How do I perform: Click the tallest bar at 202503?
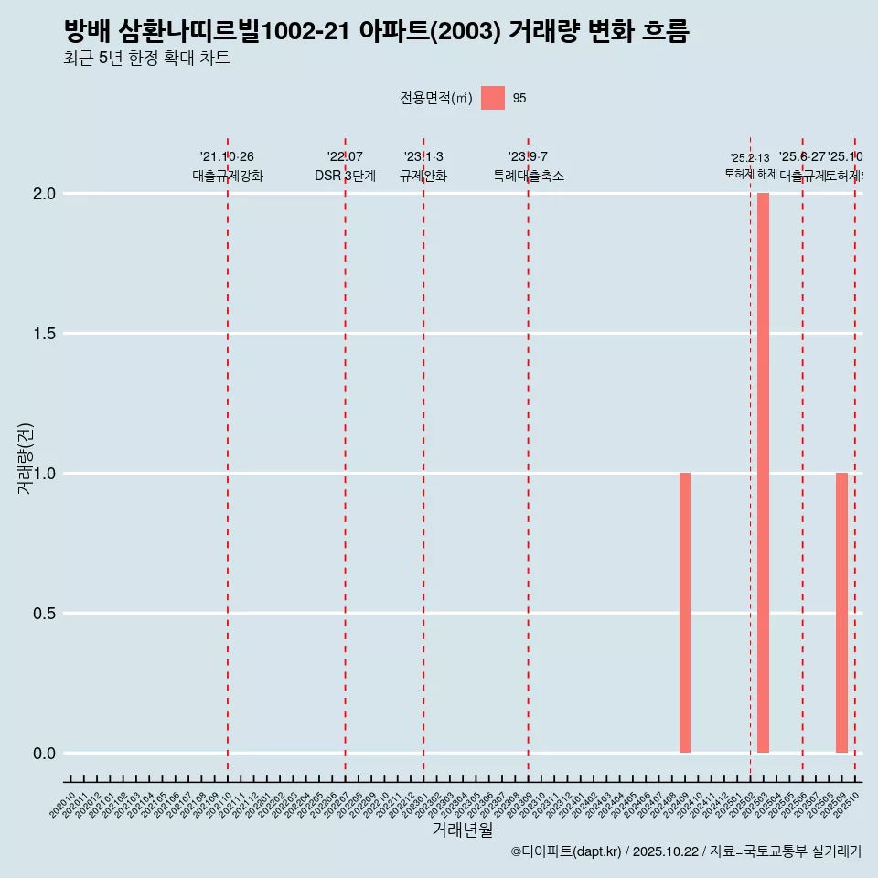click(763, 473)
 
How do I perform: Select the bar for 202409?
click(685, 613)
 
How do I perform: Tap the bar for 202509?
click(841, 613)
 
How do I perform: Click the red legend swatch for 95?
click(493, 98)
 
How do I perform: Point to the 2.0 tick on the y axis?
click(45, 194)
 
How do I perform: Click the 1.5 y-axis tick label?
click(45, 334)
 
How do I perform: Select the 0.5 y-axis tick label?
click(45, 614)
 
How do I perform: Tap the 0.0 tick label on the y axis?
click(45, 754)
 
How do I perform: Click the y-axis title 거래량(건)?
click(26, 458)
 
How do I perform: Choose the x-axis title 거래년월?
click(462, 830)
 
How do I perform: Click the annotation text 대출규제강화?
click(228, 176)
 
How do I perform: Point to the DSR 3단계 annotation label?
click(345, 176)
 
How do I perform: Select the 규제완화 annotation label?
click(423, 176)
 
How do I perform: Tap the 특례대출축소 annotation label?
click(528, 176)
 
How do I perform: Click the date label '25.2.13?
click(750, 158)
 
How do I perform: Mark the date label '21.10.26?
click(227, 157)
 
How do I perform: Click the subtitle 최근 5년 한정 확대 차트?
click(146, 59)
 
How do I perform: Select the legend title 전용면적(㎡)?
click(436, 98)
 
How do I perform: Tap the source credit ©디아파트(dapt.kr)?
click(566, 851)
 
